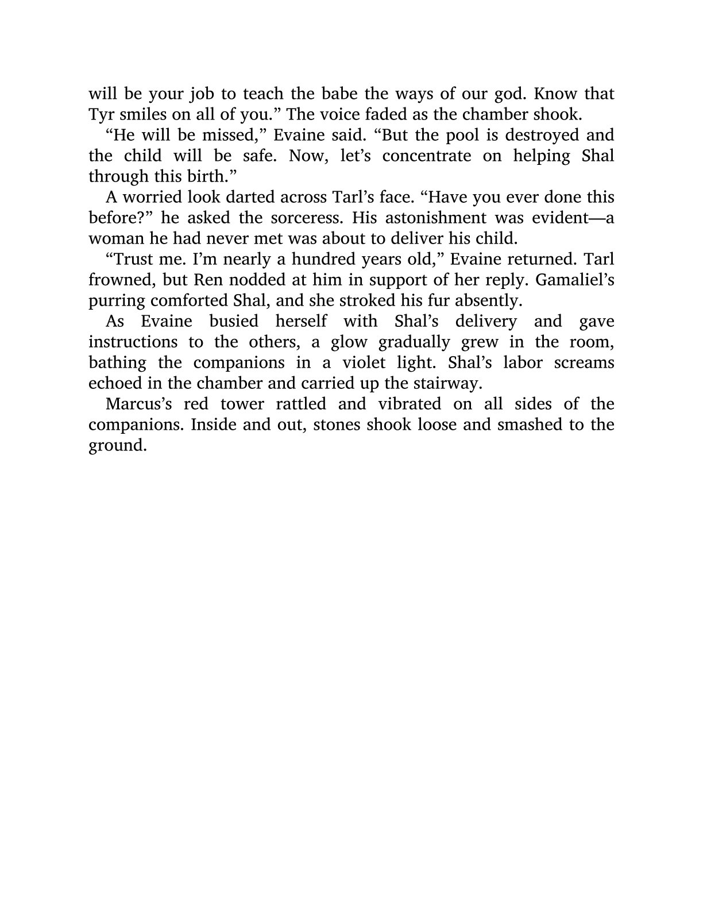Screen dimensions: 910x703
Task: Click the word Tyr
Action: (x=101, y=114)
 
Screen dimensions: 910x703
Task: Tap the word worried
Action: (x=152, y=197)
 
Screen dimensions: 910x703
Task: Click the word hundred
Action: (x=323, y=259)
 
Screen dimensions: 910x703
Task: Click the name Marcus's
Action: (x=139, y=404)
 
